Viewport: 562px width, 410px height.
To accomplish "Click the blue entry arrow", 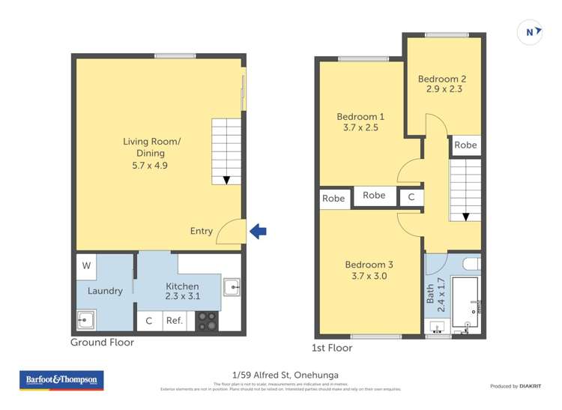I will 258,232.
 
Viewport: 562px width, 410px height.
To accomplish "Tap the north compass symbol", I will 531,32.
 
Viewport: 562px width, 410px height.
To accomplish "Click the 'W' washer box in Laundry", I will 86,265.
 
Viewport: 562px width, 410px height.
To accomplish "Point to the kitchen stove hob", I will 207,321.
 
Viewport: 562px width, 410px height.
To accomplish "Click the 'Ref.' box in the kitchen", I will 175,321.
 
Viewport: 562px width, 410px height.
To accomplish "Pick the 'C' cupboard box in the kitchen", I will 148,321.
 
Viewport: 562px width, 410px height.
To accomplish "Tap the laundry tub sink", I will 85,321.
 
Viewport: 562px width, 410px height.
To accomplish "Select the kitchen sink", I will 232,287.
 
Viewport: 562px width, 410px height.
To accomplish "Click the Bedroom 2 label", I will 442,79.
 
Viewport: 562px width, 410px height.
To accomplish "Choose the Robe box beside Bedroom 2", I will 465,145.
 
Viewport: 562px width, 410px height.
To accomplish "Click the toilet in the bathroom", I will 471,263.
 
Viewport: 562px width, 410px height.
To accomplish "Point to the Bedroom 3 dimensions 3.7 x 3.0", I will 369,276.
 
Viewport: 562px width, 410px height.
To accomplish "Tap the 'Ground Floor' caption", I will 102,343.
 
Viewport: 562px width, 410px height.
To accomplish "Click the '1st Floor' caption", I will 331,348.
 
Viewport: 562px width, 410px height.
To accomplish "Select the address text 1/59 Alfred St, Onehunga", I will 280,375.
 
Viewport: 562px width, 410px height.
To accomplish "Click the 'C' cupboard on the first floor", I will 411,197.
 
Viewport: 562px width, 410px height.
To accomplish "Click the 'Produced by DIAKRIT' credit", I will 516,386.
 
